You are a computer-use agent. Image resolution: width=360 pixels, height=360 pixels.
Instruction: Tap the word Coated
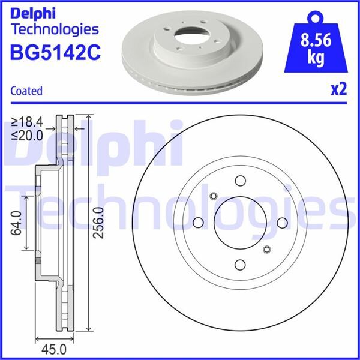coord(26,91)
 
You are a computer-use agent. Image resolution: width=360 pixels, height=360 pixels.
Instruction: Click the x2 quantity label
coord(339,90)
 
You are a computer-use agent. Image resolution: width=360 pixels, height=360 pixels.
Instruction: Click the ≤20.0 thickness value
coord(26,136)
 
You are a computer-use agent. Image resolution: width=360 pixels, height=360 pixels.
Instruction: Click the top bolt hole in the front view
coord(241,181)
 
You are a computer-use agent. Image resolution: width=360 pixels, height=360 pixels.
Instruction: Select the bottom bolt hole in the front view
coord(241,265)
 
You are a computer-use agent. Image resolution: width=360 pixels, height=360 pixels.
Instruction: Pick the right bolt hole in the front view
coord(282,223)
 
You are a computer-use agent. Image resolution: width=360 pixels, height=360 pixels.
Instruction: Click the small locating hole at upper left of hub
coord(214,196)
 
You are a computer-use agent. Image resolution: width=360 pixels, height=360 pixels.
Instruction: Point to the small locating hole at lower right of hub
coord(268,249)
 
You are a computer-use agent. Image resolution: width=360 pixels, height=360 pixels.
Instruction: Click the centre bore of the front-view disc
coord(241,223)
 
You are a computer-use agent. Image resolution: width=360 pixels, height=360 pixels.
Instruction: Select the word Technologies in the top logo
coord(55,29)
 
